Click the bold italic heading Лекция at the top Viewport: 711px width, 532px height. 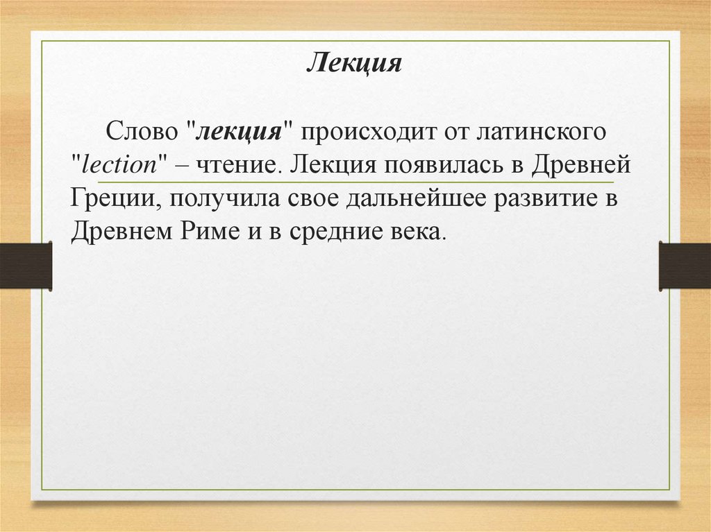pyautogui.click(x=354, y=64)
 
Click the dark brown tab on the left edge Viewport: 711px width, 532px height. pyautogui.click(x=26, y=265)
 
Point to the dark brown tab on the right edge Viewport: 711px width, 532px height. pyautogui.click(x=685, y=265)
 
